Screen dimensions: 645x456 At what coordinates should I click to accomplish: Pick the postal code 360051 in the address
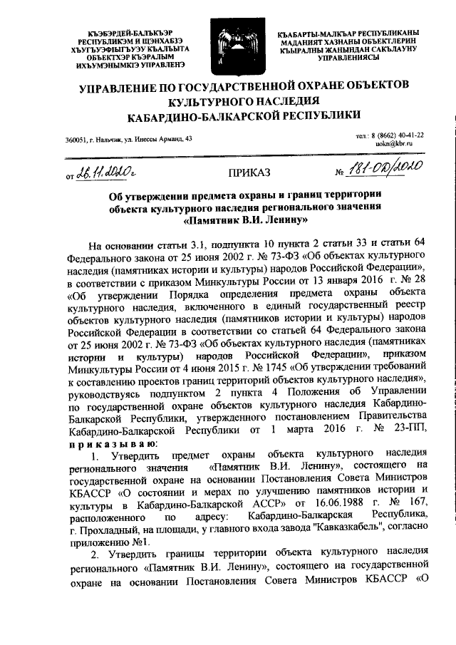pos(75,139)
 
